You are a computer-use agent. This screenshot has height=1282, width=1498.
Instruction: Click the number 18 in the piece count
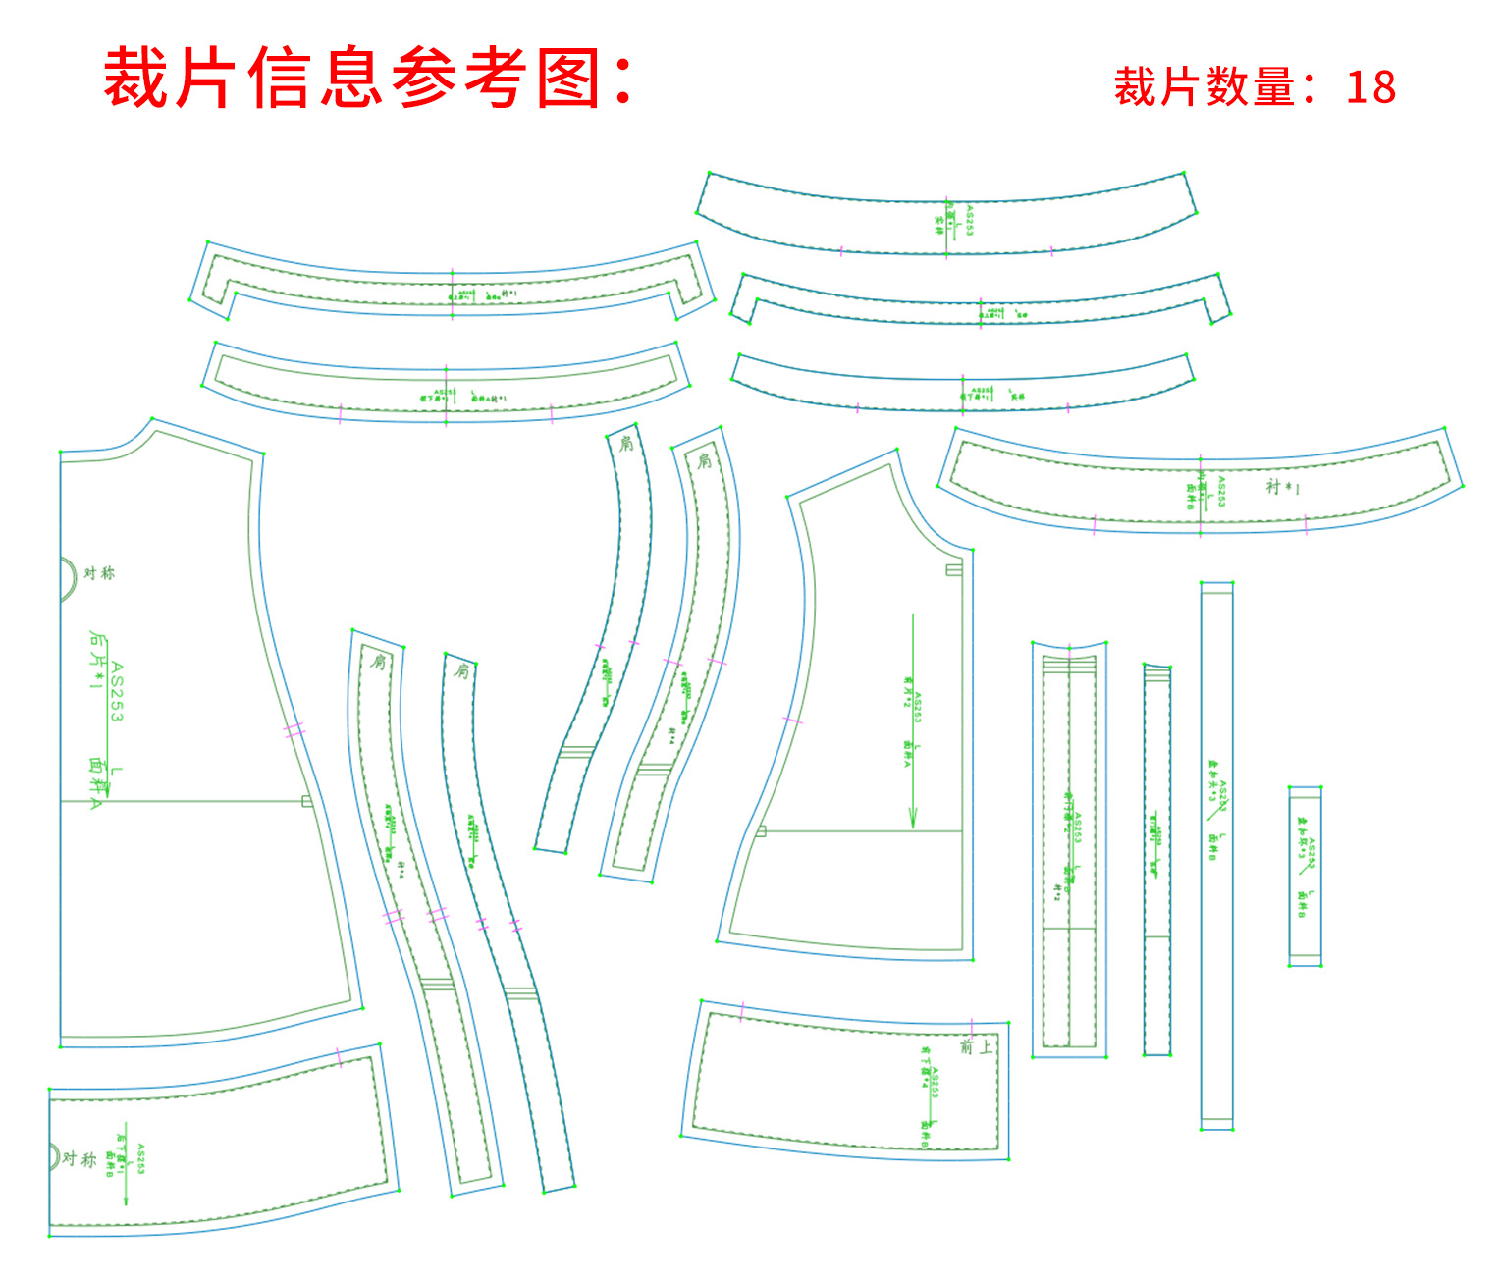pyautogui.click(x=1370, y=87)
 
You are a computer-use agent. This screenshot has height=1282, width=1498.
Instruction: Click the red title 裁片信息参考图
pyautogui.click(x=368, y=78)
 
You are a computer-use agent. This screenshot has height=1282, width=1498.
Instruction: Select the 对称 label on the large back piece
pyautogui.click(x=99, y=573)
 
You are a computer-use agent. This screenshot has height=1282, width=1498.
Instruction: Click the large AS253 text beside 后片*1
pyautogui.click(x=117, y=692)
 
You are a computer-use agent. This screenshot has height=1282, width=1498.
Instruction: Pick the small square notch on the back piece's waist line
pyautogui.click(x=307, y=802)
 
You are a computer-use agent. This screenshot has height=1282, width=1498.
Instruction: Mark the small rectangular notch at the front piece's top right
pyautogui.click(x=953, y=569)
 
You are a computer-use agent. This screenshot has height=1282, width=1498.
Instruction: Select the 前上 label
pyautogui.click(x=976, y=1047)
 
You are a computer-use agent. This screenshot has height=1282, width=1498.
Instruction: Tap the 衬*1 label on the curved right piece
pyautogui.click(x=1282, y=487)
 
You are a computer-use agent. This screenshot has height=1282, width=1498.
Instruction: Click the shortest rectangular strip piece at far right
pyautogui.click(x=1305, y=877)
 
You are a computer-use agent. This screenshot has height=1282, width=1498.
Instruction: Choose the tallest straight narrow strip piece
pyautogui.click(x=1216, y=856)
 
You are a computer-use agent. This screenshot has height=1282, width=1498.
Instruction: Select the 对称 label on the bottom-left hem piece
pyautogui.click(x=80, y=1159)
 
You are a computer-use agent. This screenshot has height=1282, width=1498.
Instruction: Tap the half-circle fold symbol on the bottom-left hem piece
pyautogui.click(x=55, y=1155)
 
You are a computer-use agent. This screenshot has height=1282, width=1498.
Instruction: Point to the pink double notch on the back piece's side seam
pyautogui.click(x=294, y=730)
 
